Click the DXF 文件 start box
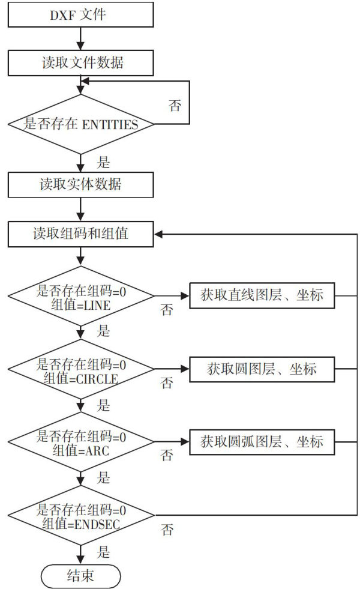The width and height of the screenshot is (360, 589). click(80, 14)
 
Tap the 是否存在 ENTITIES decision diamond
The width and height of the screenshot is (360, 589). click(80, 124)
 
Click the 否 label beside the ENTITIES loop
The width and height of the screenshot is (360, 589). click(175, 106)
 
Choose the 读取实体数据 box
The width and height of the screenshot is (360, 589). click(80, 184)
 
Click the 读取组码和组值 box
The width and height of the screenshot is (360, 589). click(80, 234)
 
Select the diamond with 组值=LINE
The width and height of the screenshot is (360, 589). click(80, 296)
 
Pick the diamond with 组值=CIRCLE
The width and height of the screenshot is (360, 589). click(80, 369)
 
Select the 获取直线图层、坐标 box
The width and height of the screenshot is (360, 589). click(262, 296)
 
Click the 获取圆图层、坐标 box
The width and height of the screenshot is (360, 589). click(262, 369)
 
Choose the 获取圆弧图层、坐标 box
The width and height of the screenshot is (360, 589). click(262, 442)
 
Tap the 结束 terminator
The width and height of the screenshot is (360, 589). click(80, 576)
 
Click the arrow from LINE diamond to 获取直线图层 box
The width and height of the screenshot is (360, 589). click(172, 296)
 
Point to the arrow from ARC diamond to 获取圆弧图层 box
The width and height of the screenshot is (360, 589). click(172, 443)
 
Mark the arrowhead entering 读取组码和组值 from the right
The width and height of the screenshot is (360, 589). click(159, 234)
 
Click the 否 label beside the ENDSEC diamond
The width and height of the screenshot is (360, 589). click(168, 529)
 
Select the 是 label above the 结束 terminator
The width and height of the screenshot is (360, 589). click(103, 551)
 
